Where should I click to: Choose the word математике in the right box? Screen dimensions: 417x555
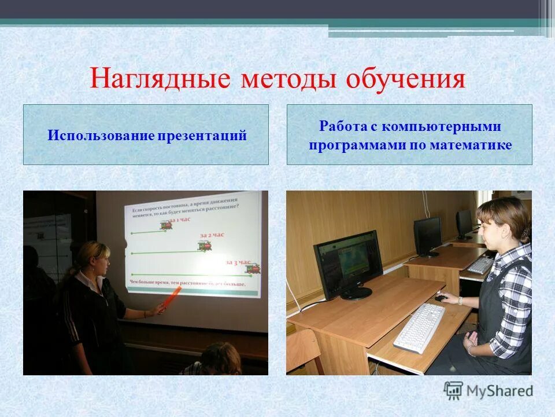(x=471, y=145)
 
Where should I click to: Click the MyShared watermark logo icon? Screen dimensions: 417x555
(x=453, y=391)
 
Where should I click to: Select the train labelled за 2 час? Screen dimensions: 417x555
(x=205, y=246)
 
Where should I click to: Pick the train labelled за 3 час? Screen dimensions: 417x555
(x=251, y=268)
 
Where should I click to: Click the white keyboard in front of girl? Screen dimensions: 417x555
(x=419, y=327)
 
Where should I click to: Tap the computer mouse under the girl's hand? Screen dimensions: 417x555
(x=441, y=298)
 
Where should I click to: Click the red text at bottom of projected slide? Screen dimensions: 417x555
(x=188, y=284)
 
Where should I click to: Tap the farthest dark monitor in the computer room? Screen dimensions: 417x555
(x=464, y=223)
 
